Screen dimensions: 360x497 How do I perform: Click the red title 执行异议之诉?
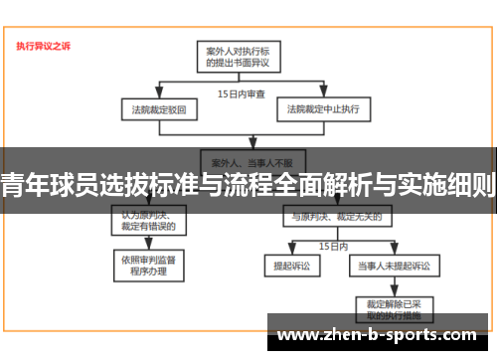point(44,46)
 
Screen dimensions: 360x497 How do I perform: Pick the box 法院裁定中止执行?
point(323,107)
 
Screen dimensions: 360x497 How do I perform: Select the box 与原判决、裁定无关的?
point(328,215)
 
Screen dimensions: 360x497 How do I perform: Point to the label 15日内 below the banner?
point(333,244)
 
